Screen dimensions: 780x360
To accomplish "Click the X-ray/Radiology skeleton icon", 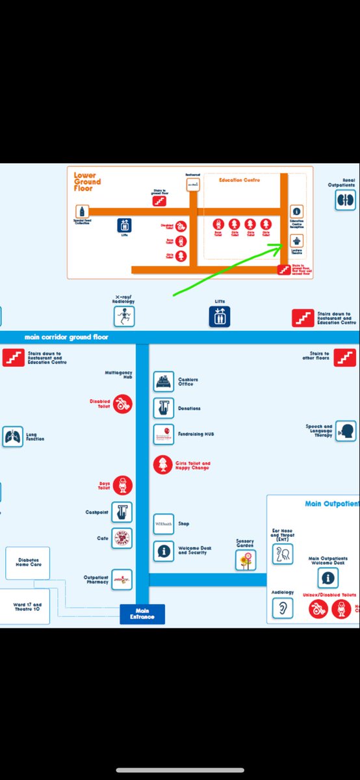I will (x=123, y=317).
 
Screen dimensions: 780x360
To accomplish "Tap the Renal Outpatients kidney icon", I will (x=345, y=200).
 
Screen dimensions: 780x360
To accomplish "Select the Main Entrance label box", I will (x=142, y=614).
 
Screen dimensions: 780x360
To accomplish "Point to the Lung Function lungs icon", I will (x=12, y=437).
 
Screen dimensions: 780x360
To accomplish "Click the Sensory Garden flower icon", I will (x=246, y=560).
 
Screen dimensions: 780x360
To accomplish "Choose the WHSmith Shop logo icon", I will (x=164, y=524).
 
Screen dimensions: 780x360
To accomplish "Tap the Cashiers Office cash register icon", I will (x=164, y=382).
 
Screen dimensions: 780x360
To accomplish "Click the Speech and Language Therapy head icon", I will (x=346, y=431).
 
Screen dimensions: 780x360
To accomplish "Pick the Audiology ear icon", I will (x=282, y=607).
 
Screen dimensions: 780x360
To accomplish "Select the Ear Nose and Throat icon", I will (x=283, y=554).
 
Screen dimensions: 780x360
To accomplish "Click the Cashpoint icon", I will (x=122, y=512).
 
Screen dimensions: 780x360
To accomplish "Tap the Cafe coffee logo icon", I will (x=122, y=538).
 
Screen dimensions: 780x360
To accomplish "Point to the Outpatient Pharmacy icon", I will (x=122, y=580).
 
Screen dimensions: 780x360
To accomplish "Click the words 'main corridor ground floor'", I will (x=66, y=337).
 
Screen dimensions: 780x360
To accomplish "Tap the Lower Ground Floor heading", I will (x=87, y=181).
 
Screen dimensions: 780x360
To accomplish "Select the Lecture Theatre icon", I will (x=296, y=241).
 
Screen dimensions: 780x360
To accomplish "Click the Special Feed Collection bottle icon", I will (x=82, y=211).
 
